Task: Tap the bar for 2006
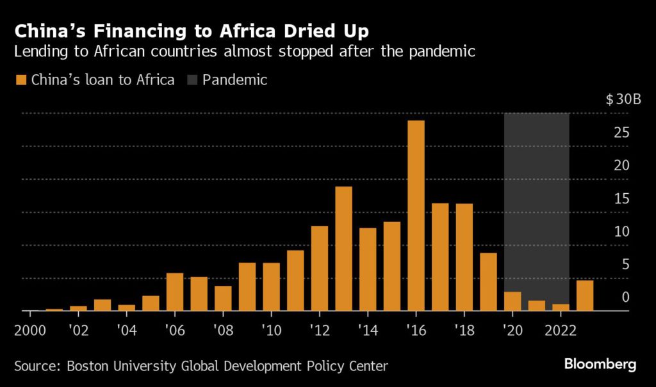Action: [175, 292]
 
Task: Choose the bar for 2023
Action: [584, 296]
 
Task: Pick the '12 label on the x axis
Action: [319, 332]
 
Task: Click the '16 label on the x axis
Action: [415, 332]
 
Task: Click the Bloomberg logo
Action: [600, 365]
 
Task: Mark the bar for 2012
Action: [319, 268]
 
